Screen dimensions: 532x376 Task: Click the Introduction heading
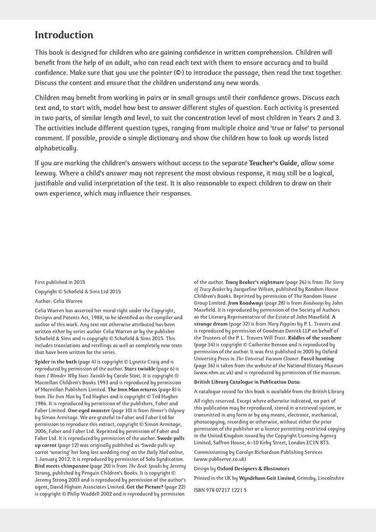click(64, 35)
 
